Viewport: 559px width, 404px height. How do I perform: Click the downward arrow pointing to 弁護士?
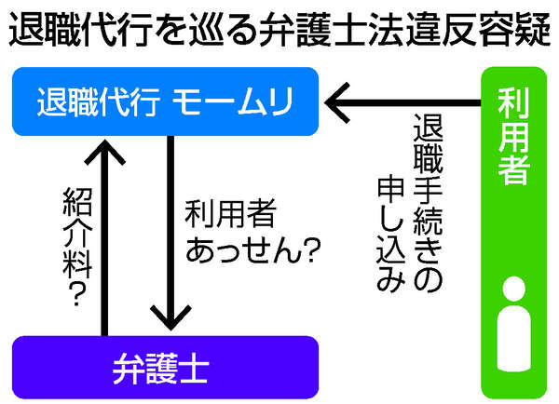pos(169,233)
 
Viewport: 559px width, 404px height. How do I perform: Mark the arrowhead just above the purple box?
pos(169,316)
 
